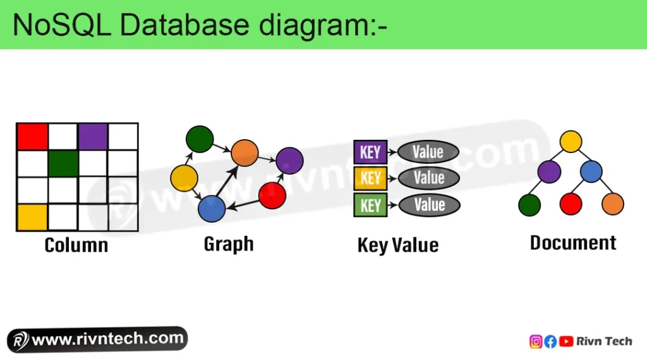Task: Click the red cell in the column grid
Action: [x=33, y=137]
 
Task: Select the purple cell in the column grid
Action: [x=93, y=137]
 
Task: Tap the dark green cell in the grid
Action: [x=63, y=163]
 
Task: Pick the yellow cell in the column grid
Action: [x=32, y=217]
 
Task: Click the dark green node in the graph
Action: [x=200, y=139]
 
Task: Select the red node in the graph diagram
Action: [x=272, y=196]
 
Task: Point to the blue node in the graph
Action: [x=212, y=209]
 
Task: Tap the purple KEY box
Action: [x=370, y=152]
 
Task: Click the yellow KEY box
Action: [x=370, y=178]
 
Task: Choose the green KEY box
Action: [x=370, y=205]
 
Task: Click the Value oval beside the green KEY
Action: [x=429, y=205]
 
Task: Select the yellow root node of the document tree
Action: [x=571, y=141]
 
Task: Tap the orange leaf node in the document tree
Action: [x=612, y=204]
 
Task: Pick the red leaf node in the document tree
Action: [x=571, y=204]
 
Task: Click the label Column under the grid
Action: [x=76, y=245]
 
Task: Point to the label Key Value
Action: [x=397, y=245]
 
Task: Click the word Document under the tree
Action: [x=572, y=243]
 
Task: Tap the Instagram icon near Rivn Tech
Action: [x=536, y=342]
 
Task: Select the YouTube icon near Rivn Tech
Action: [x=566, y=342]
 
